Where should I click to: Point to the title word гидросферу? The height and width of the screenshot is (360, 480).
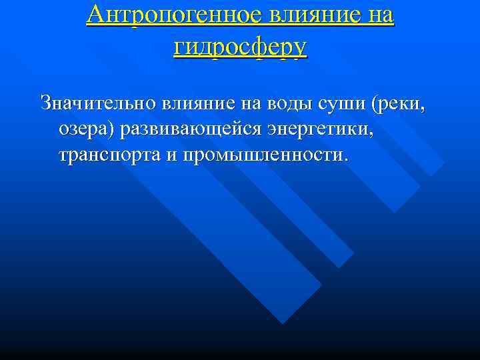point(240,47)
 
